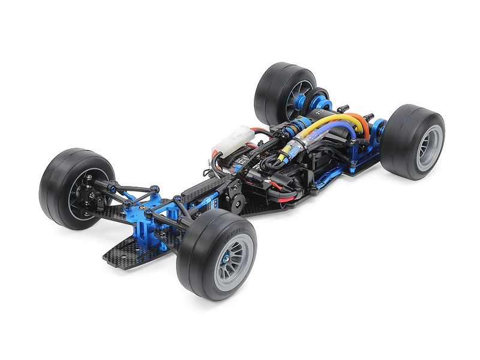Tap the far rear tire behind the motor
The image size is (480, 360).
click(270, 90)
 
